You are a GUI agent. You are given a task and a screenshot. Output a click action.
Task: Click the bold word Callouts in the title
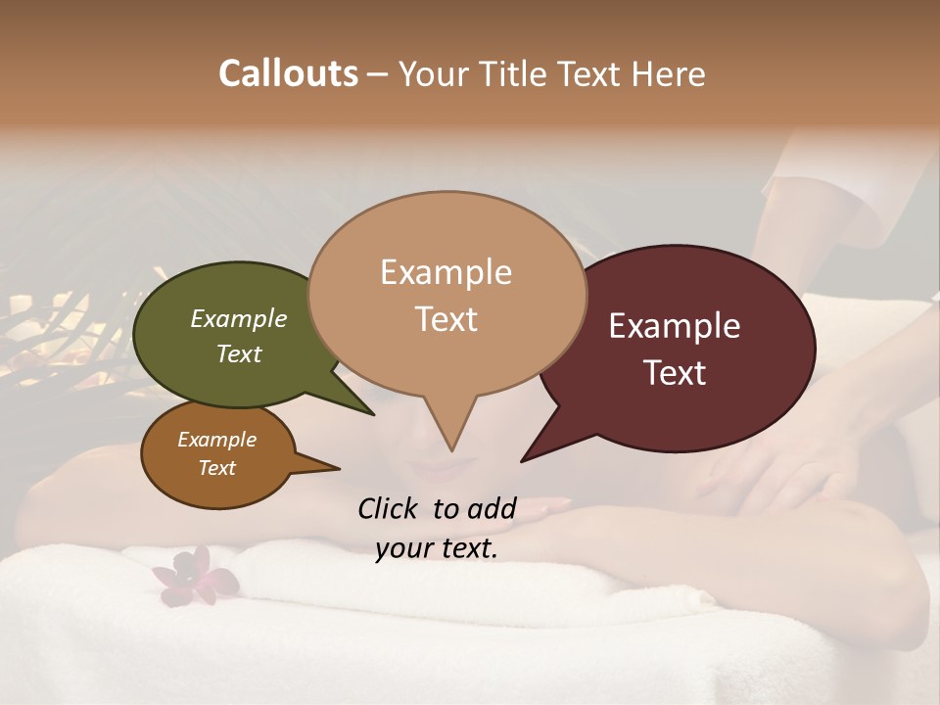click(x=288, y=73)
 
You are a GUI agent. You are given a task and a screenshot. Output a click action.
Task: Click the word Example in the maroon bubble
click(x=675, y=326)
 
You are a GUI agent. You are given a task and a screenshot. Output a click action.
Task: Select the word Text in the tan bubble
click(x=446, y=319)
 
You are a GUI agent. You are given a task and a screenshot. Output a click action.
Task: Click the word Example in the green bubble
click(x=238, y=319)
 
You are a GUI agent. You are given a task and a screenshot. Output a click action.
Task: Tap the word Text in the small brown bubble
click(x=217, y=468)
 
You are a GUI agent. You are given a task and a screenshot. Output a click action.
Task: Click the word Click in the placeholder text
click(x=389, y=508)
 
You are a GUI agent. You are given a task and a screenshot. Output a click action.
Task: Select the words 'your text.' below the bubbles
click(x=437, y=548)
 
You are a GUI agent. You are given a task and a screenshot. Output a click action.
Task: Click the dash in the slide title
click(x=378, y=74)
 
